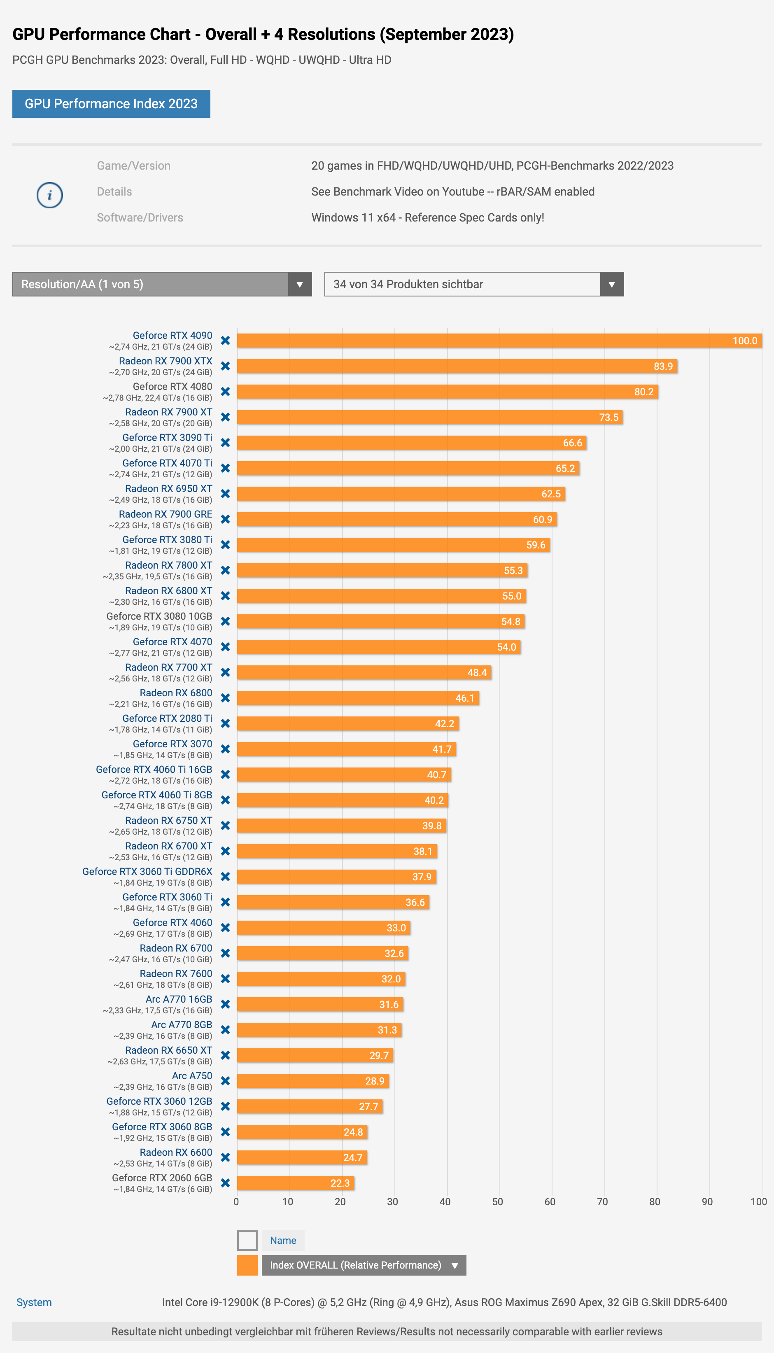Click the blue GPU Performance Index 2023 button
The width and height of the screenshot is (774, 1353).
(x=111, y=104)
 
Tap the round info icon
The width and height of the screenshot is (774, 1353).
(x=49, y=195)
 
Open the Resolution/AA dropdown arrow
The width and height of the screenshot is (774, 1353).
(x=300, y=285)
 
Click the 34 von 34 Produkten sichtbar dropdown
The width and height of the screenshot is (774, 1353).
(x=473, y=285)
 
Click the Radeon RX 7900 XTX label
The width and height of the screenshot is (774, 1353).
(x=166, y=361)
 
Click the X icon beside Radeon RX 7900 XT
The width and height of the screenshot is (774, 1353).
(x=225, y=418)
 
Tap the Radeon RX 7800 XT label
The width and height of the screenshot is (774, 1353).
(x=168, y=565)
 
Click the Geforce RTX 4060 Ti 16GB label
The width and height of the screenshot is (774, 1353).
(x=154, y=769)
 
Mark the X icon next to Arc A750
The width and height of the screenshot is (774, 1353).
(x=225, y=1081)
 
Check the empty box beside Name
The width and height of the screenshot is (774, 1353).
(x=247, y=1240)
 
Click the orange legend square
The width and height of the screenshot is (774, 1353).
(x=247, y=1265)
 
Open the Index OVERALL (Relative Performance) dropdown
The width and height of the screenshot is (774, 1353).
(x=364, y=1265)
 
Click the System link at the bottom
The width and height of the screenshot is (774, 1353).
(x=34, y=1302)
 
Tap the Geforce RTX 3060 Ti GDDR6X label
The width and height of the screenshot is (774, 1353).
(x=147, y=871)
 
